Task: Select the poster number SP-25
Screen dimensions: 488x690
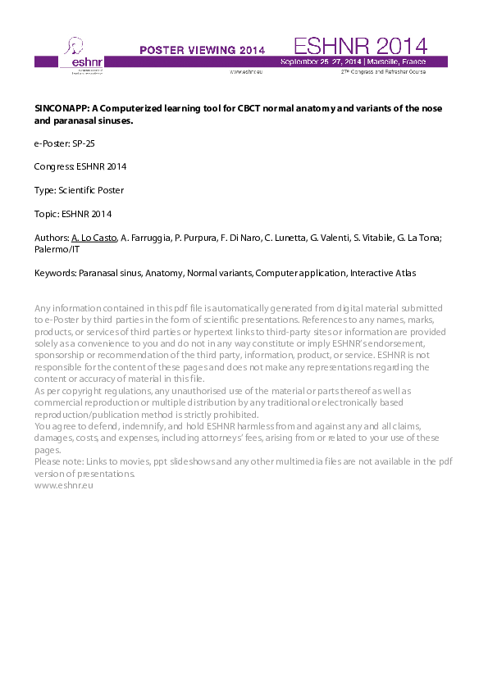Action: coord(89,143)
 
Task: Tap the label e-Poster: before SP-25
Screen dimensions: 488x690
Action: coord(52,143)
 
